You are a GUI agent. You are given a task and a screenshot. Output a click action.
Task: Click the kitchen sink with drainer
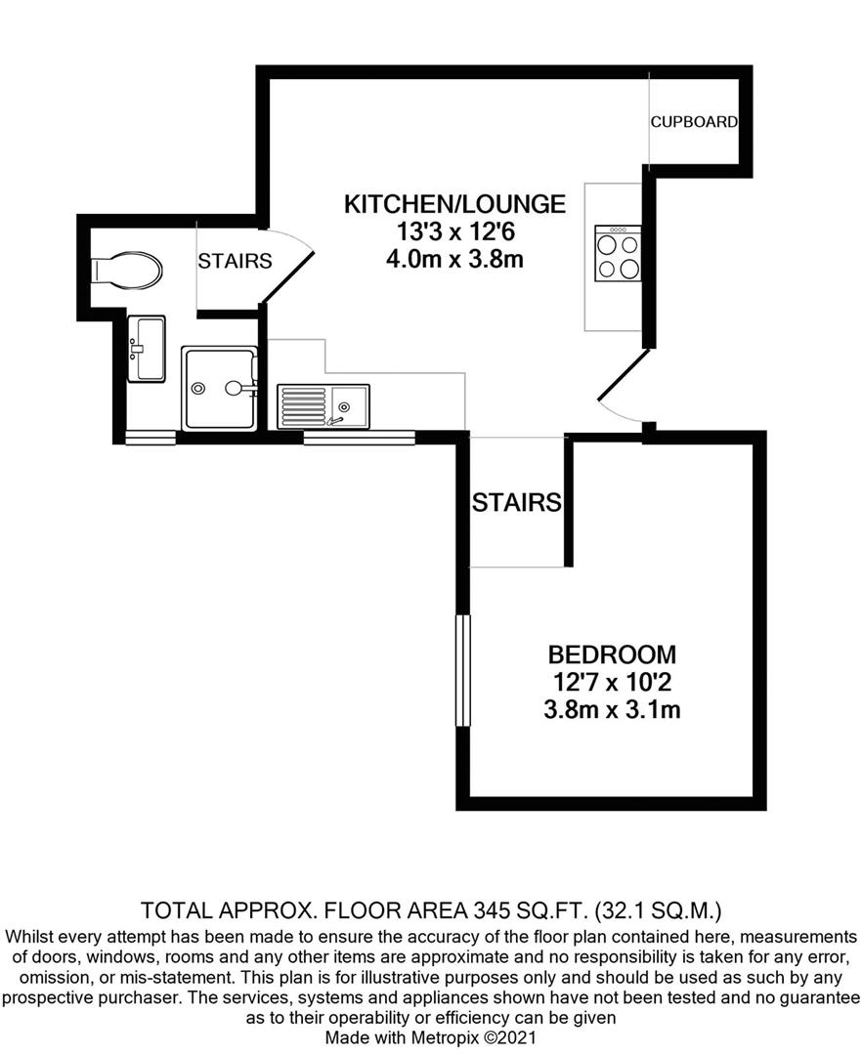(x=323, y=405)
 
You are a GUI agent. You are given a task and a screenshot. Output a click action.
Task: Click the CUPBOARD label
(x=694, y=122)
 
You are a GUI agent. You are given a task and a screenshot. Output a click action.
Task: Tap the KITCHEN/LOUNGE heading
(x=454, y=204)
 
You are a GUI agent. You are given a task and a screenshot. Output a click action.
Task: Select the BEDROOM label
(x=612, y=654)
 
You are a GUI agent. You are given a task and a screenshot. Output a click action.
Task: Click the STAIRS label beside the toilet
(x=235, y=261)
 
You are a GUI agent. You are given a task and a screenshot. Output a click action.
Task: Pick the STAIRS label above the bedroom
(x=517, y=503)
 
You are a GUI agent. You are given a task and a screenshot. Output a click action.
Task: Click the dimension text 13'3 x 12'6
(x=454, y=232)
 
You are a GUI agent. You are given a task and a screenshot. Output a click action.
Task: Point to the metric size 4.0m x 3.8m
(x=454, y=260)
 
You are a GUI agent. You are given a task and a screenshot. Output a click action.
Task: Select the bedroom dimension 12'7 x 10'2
(x=612, y=682)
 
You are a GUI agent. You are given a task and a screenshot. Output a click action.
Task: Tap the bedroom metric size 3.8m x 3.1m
(x=612, y=710)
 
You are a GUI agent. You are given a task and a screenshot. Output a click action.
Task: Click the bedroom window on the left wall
(x=463, y=670)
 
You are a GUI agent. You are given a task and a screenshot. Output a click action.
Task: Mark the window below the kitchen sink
(x=360, y=438)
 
